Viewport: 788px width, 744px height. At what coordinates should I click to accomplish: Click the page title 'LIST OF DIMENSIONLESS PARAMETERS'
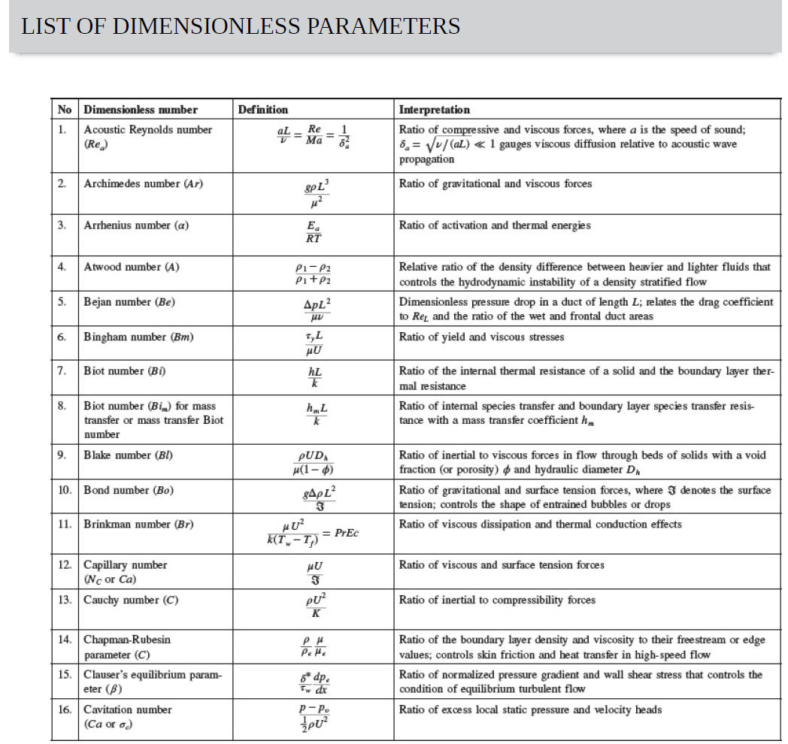(x=241, y=26)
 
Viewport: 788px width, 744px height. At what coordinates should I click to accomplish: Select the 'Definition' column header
(x=262, y=110)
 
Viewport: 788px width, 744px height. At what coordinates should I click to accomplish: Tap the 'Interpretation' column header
(x=434, y=110)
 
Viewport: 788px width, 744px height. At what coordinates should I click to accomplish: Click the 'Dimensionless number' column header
(x=141, y=110)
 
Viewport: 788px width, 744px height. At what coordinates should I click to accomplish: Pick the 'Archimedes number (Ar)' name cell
(x=143, y=183)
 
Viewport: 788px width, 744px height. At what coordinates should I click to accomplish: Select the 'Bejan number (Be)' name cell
(x=129, y=302)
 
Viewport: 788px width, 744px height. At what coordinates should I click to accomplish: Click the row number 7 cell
(x=64, y=370)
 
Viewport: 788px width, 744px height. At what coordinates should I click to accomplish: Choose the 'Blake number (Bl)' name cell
(x=128, y=455)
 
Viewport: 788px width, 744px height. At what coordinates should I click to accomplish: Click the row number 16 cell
(x=65, y=709)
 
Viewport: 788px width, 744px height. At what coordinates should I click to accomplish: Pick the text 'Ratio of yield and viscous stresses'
(x=481, y=337)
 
